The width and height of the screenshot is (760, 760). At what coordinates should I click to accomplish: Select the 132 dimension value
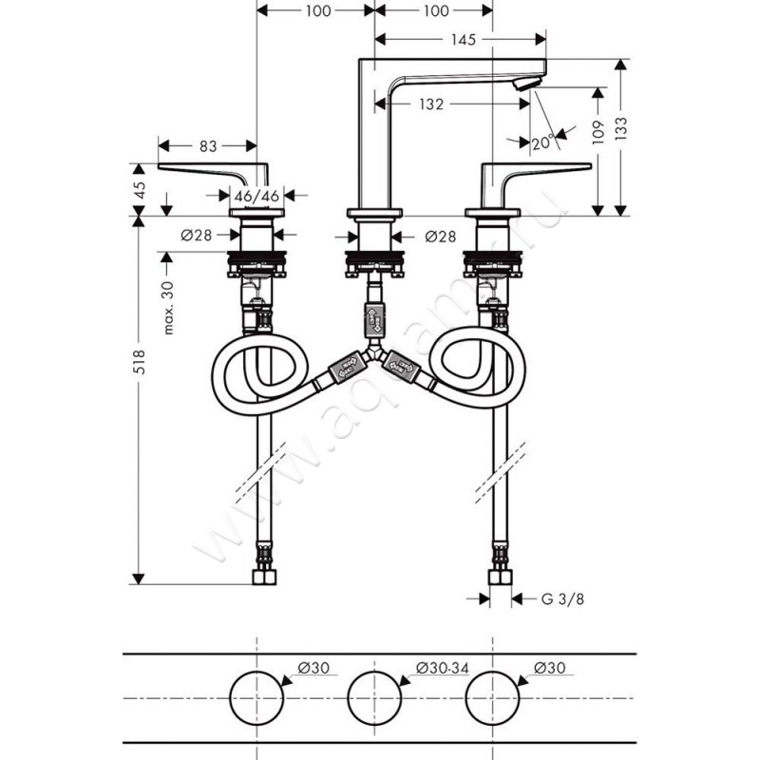pyautogui.click(x=432, y=104)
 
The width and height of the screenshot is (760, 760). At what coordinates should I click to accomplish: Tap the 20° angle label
pyautogui.click(x=541, y=142)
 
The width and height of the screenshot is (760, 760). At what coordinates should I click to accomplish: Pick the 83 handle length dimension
pyautogui.click(x=208, y=146)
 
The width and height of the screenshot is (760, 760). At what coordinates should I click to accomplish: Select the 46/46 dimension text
pyautogui.click(x=256, y=196)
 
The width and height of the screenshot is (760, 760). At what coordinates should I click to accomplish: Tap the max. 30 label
pyautogui.click(x=168, y=308)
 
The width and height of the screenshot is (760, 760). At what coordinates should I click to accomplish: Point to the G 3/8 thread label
pyautogui.click(x=560, y=599)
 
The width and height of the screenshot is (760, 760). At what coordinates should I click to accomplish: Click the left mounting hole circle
pyautogui.click(x=257, y=698)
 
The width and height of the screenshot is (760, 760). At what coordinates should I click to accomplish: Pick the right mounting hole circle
pyautogui.click(x=493, y=698)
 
